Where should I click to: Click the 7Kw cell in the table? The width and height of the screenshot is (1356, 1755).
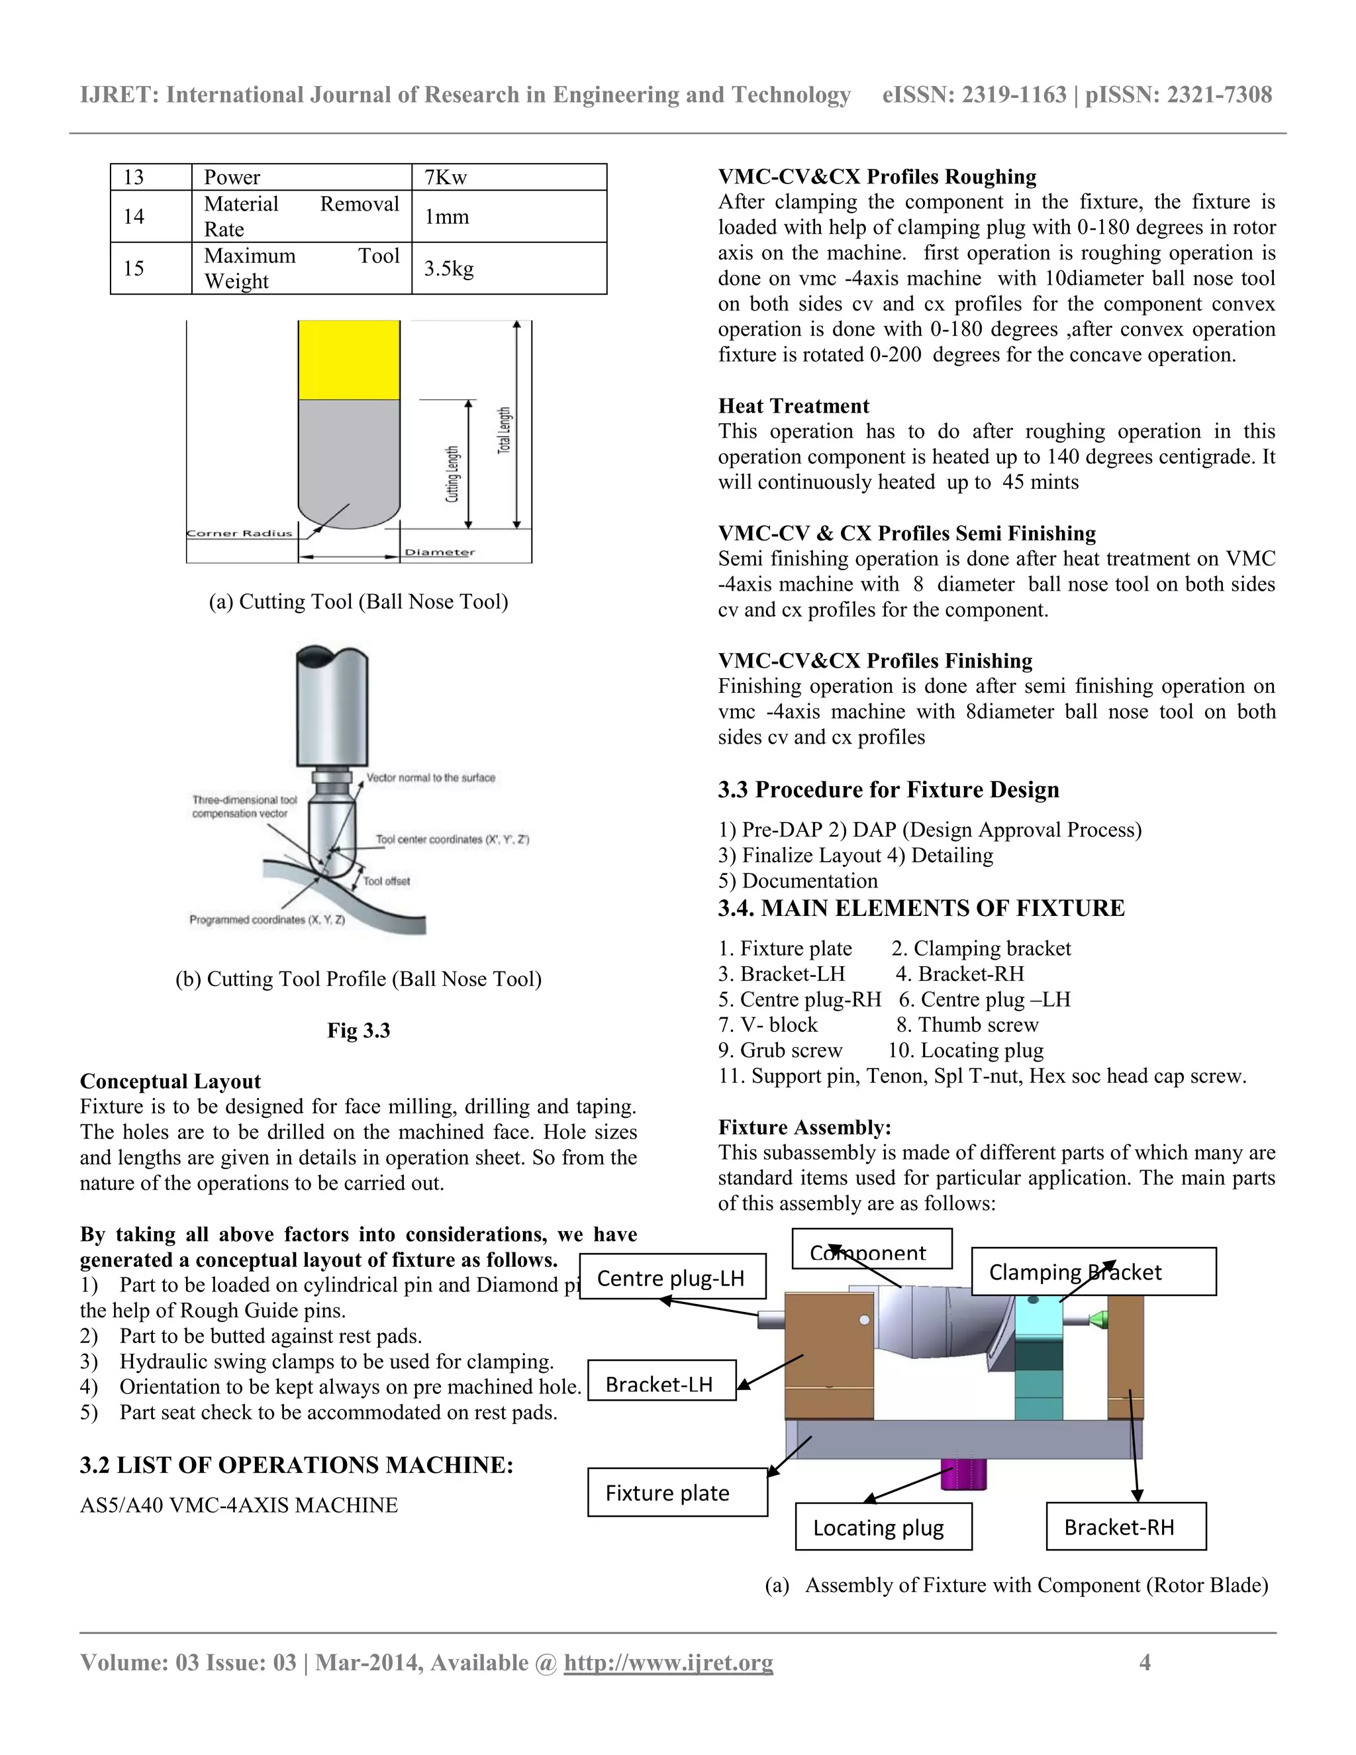tap(508, 177)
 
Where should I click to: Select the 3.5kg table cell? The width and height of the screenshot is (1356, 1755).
tap(508, 268)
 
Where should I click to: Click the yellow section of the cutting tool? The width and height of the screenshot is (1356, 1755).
tap(349, 359)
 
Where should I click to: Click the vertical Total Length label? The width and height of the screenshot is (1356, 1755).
tap(505, 430)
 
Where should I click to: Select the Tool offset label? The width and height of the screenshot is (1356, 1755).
tap(387, 881)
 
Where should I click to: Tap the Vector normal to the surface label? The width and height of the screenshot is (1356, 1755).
tap(430, 778)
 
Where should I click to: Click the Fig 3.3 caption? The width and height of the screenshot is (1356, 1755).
tap(358, 1030)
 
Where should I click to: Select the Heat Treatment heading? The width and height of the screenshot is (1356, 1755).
tap(794, 406)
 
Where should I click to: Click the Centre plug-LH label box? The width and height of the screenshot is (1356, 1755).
tap(671, 1278)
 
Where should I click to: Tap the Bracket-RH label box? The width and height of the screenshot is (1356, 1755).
tap(1126, 1527)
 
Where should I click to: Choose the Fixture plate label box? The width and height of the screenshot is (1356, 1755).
tap(677, 1492)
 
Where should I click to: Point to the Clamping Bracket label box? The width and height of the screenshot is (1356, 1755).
tap(1092, 1272)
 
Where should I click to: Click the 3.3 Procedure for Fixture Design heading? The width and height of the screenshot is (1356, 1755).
tap(889, 789)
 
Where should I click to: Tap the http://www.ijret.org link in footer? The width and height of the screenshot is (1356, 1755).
tap(668, 1662)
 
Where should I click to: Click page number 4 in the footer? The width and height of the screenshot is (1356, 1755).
tap(1145, 1662)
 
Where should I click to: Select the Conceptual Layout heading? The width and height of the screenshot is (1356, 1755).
tap(170, 1081)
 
